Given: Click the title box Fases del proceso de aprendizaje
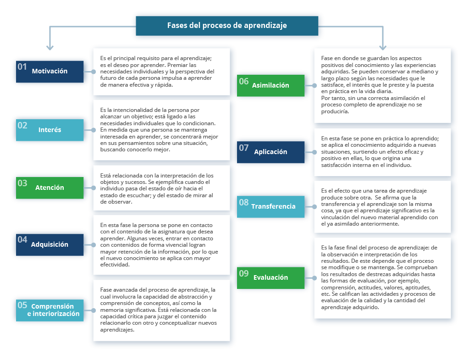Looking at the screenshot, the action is (x=227, y=26).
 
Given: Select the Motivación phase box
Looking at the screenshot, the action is (x=50, y=72).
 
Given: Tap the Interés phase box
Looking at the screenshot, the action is (x=50, y=130).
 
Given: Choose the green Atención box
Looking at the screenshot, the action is (x=50, y=188).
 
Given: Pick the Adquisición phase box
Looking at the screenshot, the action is (x=50, y=245).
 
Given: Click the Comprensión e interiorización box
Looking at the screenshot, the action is (x=50, y=310).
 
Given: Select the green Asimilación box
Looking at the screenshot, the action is (x=270, y=86).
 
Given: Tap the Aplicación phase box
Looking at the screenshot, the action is (x=270, y=152).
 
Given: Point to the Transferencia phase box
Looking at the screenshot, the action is (x=270, y=206).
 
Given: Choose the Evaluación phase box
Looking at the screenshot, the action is (x=270, y=278).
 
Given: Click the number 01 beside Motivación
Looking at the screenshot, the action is (x=22, y=67).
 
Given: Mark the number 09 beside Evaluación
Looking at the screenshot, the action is (x=244, y=273).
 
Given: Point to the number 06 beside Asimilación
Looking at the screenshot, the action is (x=244, y=81).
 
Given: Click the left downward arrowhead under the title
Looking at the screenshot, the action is (x=50, y=47).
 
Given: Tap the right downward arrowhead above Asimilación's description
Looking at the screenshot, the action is (x=383, y=47).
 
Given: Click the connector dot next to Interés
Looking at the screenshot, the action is (x=94, y=130).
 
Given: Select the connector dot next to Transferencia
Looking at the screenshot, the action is (x=315, y=207).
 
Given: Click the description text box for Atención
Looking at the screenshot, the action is (x=161, y=188).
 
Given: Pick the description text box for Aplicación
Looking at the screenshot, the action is (x=382, y=152).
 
